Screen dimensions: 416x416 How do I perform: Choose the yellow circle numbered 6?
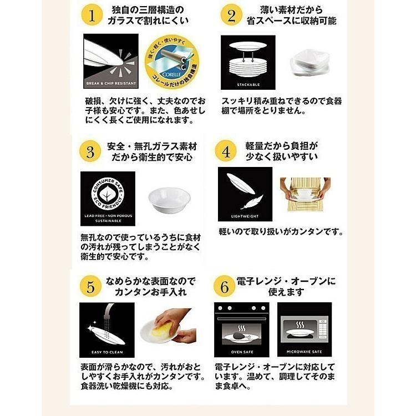click(225, 286)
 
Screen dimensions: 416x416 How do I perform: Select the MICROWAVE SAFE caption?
click(304, 352)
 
